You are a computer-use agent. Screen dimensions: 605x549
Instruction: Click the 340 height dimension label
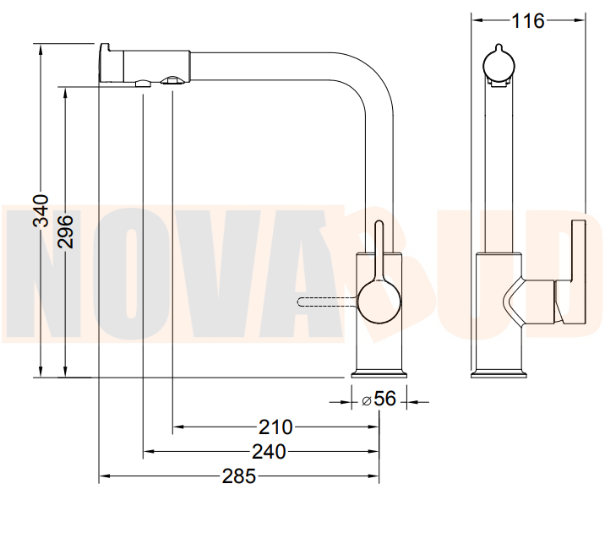coord(41,210)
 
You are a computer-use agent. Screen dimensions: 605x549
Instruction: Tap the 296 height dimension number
coord(65,231)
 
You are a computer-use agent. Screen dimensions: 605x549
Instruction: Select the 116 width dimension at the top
coord(527,21)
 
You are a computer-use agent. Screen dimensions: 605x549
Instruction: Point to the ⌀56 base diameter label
coord(379,399)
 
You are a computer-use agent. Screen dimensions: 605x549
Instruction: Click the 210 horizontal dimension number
coord(275,427)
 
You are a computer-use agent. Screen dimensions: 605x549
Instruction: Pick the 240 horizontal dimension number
coord(269,451)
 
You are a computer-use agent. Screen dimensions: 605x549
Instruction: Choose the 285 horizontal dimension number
coord(238,476)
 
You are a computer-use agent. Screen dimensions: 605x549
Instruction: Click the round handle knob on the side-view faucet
coord(379,302)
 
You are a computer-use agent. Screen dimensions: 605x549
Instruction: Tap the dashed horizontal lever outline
coord(328,302)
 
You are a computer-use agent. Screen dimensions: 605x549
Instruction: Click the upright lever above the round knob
coord(379,251)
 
